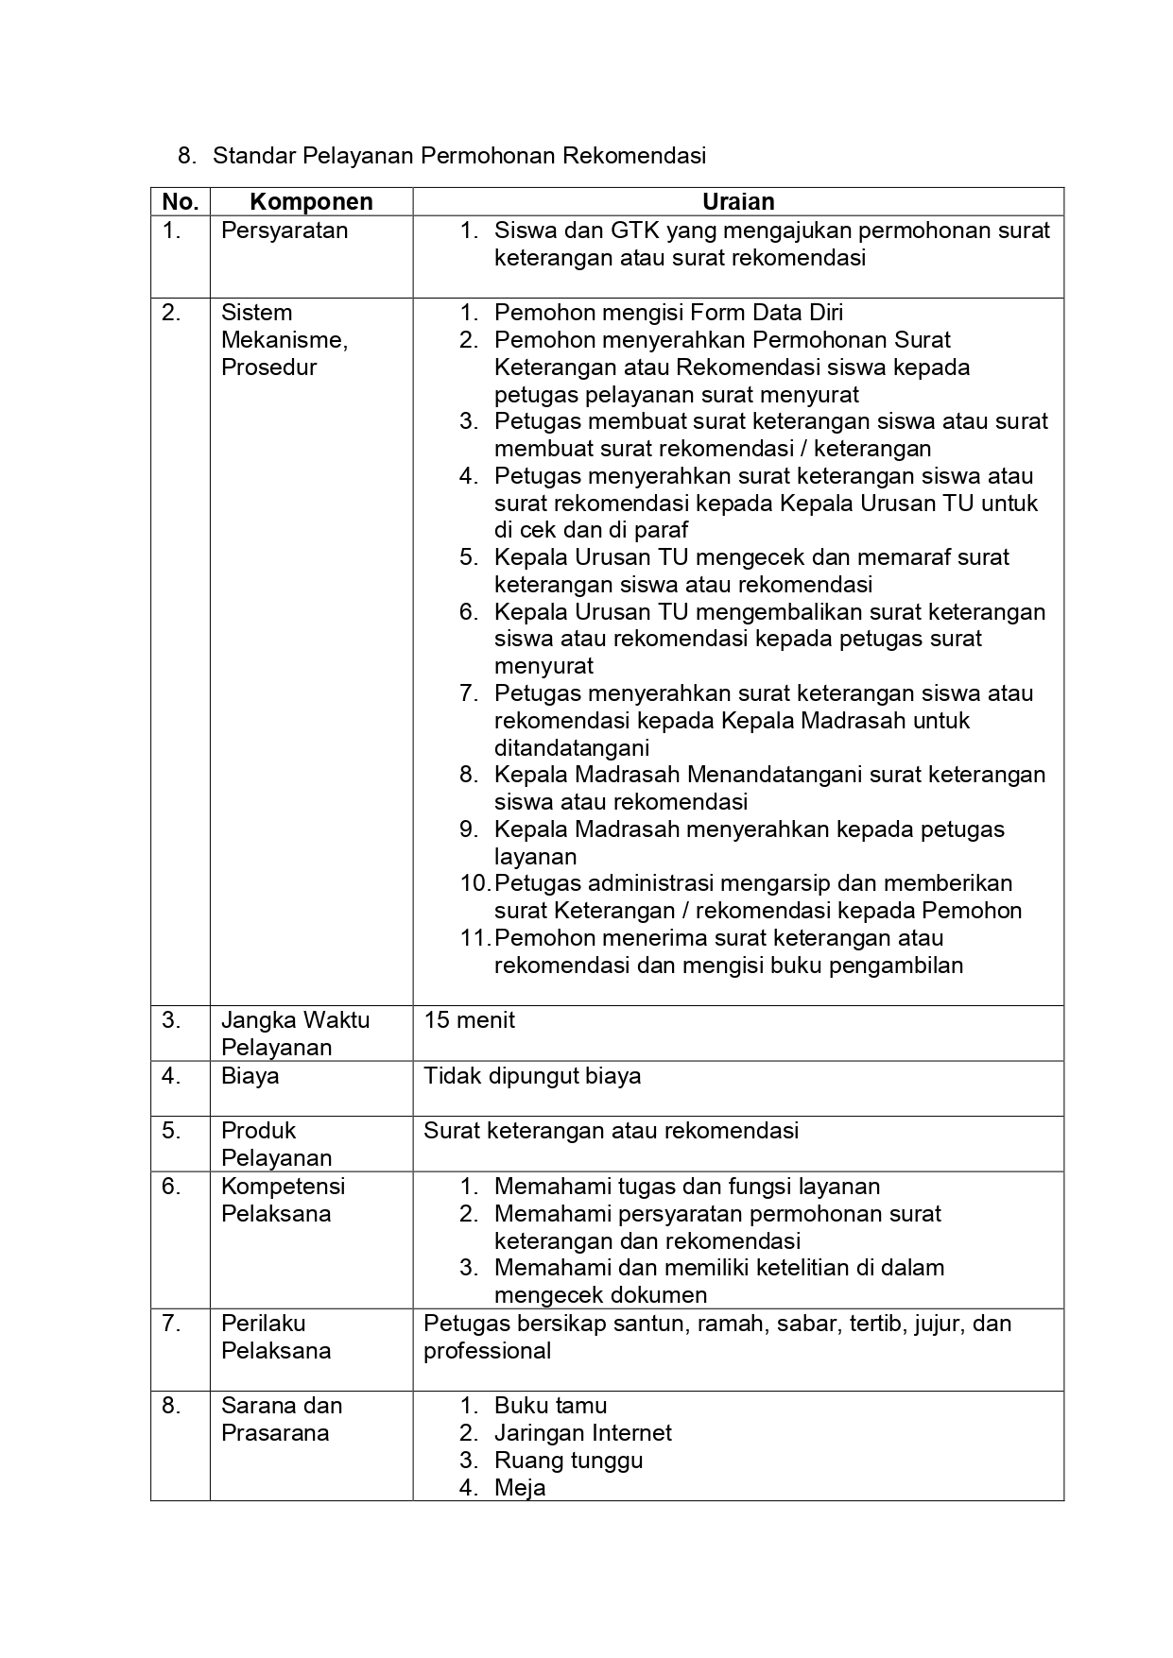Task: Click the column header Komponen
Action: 311,201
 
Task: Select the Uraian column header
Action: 738,201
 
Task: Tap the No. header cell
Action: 180,201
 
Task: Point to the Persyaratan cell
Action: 285,231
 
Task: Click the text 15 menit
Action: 470,1020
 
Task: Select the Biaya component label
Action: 250,1076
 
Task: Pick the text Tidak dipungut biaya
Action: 532,1076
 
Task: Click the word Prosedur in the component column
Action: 268,367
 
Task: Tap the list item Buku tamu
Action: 550,1406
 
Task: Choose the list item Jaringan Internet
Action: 582,1433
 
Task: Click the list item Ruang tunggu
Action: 568,1461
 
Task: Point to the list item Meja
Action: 520,1488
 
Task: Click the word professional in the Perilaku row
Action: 487,1351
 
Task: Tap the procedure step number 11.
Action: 475,939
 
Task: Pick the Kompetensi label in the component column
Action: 283,1187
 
